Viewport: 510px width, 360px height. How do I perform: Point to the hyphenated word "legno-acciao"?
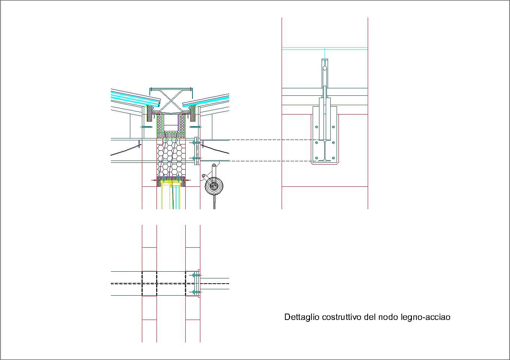pyautogui.click(x=425, y=317)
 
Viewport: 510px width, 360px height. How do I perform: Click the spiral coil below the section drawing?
pyautogui.click(x=214, y=186)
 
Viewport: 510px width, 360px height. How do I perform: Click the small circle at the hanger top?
pyautogui.click(x=325, y=68)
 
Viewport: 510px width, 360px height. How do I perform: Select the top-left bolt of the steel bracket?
pyautogui.click(x=316, y=127)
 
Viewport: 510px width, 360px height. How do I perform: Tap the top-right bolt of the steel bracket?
pyautogui.click(x=333, y=127)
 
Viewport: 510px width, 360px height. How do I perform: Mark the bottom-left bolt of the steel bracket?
pyautogui.click(x=316, y=158)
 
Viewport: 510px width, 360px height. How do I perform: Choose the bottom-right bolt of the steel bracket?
pyautogui.click(x=333, y=158)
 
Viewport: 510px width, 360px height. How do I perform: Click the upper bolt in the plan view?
pyautogui.click(x=195, y=275)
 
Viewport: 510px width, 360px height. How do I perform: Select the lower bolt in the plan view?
pyautogui.click(x=195, y=292)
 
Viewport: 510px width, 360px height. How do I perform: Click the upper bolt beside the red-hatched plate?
pyautogui.click(x=194, y=143)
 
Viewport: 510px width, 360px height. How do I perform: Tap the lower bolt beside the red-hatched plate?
pyautogui.click(x=194, y=159)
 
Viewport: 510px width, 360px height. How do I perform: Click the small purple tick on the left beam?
pyautogui.click(x=139, y=144)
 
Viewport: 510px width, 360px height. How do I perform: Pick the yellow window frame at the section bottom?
pyautogui.click(x=172, y=184)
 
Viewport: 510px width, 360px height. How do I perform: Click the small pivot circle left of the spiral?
pyautogui.click(x=204, y=175)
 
